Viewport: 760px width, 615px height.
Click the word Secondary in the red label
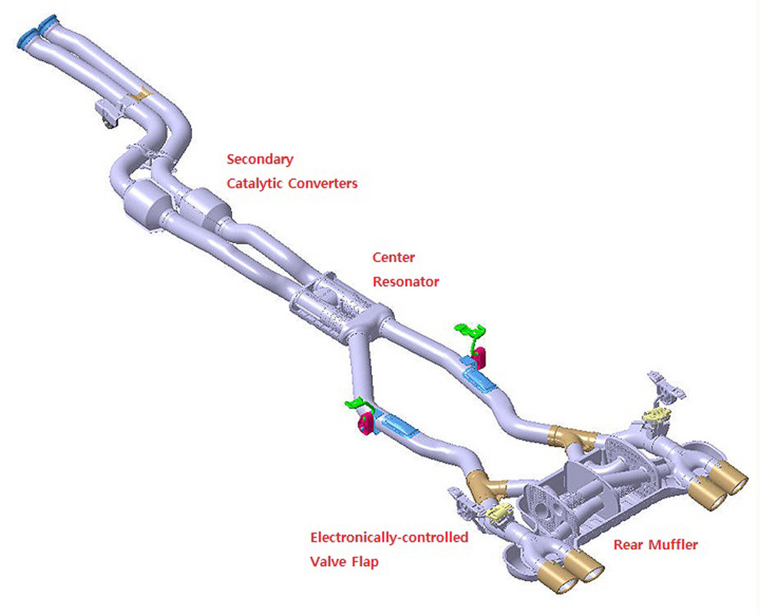(x=260, y=160)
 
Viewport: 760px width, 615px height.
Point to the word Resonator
(x=406, y=281)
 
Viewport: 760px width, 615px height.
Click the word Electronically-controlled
(x=388, y=538)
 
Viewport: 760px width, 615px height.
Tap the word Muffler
(x=674, y=545)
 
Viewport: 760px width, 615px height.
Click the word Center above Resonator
(x=393, y=258)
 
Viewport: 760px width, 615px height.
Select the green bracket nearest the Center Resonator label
(x=471, y=333)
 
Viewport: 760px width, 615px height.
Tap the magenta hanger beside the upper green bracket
(x=480, y=356)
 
